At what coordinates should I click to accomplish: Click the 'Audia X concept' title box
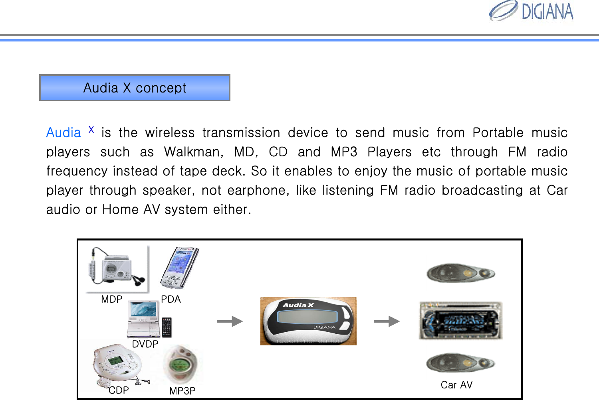click(x=135, y=88)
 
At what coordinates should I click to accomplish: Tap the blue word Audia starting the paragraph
click(x=63, y=133)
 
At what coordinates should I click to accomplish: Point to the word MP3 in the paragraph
click(x=344, y=152)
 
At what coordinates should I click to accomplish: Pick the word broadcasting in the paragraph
click(x=482, y=190)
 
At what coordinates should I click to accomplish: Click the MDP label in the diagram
click(x=111, y=300)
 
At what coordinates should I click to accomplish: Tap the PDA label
click(x=171, y=300)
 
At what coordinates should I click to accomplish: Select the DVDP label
click(x=145, y=344)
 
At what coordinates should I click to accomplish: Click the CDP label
click(x=119, y=390)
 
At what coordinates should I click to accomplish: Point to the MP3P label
click(x=182, y=391)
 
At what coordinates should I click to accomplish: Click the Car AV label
click(x=456, y=385)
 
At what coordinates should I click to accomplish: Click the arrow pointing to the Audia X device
click(x=230, y=321)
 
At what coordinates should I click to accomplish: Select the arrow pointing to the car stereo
click(x=387, y=321)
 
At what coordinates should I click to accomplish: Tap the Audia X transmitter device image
click(x=308, y=321)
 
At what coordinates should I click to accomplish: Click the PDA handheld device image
click(x=179, y=268)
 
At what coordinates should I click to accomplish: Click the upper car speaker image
click(x=460, y=274)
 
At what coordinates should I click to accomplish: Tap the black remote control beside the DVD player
click(x=167, y=327)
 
